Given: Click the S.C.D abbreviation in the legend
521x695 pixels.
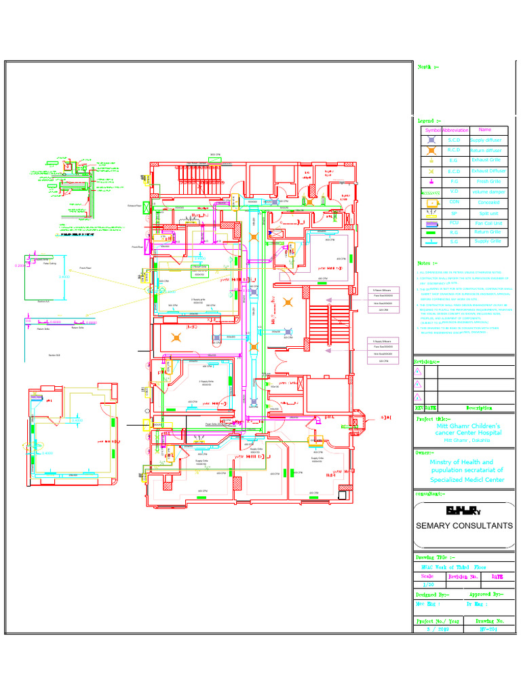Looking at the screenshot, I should (x=454, y=140).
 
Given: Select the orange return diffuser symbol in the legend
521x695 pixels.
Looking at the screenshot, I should (x=431, y=150).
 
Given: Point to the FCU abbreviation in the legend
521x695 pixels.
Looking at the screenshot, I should (x=454, y=223).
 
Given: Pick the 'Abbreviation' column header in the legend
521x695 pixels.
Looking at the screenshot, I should (x=455, y=130).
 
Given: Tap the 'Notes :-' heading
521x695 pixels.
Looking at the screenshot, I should (x=427, y=263).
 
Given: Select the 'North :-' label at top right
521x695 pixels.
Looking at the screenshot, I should (x=428, y=67).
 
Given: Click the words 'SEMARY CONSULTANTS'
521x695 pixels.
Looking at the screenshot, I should (x=464, y=525).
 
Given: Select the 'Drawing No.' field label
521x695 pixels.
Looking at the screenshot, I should (x=489, y=621).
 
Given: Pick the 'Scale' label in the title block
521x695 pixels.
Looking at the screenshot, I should (x=427, y=576).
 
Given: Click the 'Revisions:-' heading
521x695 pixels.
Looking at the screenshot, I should (x=427, y=362).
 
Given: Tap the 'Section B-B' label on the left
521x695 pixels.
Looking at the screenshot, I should (x=55, y=354).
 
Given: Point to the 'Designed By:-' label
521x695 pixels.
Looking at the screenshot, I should (x=433, y=594).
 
